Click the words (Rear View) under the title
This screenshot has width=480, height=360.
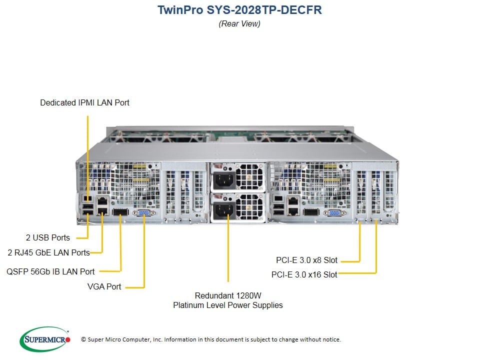tap(239, 23)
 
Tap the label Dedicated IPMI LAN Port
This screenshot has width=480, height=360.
tap(84, 102)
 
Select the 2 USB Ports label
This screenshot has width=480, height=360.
tap(48, 237)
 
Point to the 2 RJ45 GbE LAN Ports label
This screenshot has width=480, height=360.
tap(48, 252)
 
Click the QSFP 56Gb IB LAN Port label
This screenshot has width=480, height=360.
tap(50, 271)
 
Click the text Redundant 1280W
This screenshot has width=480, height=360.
tap(227, 295)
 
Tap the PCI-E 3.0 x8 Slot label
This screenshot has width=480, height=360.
tap(306, 260)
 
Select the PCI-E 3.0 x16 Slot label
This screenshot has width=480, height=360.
tap(304, 274)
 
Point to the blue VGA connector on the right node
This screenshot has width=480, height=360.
tap(334, 213)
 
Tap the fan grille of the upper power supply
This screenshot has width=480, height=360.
tap(248, 178)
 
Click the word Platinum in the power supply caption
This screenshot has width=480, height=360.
tap(187, 305)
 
